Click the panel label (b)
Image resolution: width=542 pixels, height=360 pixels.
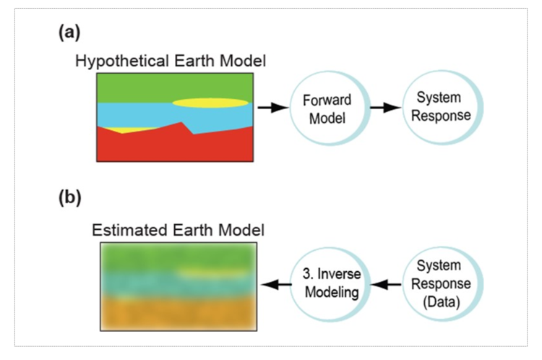(x=69, y=197)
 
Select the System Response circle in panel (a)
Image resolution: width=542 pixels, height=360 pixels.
(x=436, y=108)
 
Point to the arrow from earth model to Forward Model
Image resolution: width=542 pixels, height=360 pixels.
(x=270, y=108)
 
